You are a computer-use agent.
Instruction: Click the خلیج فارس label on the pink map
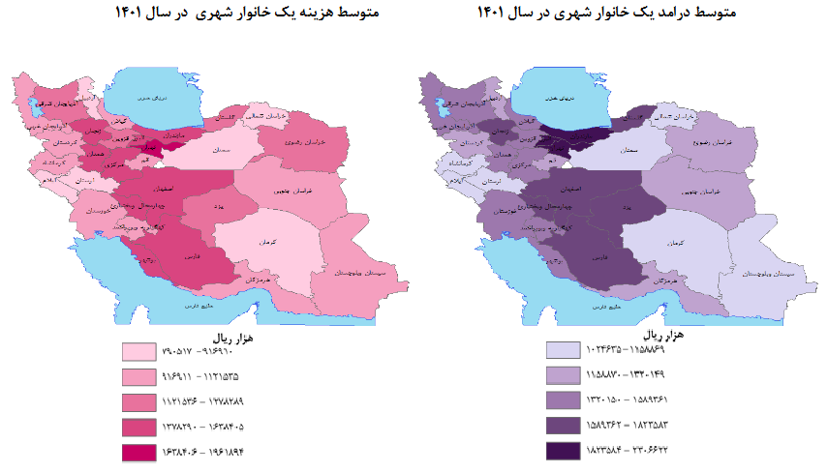(190, 306)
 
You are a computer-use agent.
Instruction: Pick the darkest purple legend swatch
(563, 450)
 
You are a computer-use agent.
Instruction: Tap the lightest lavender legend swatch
(563, 351)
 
